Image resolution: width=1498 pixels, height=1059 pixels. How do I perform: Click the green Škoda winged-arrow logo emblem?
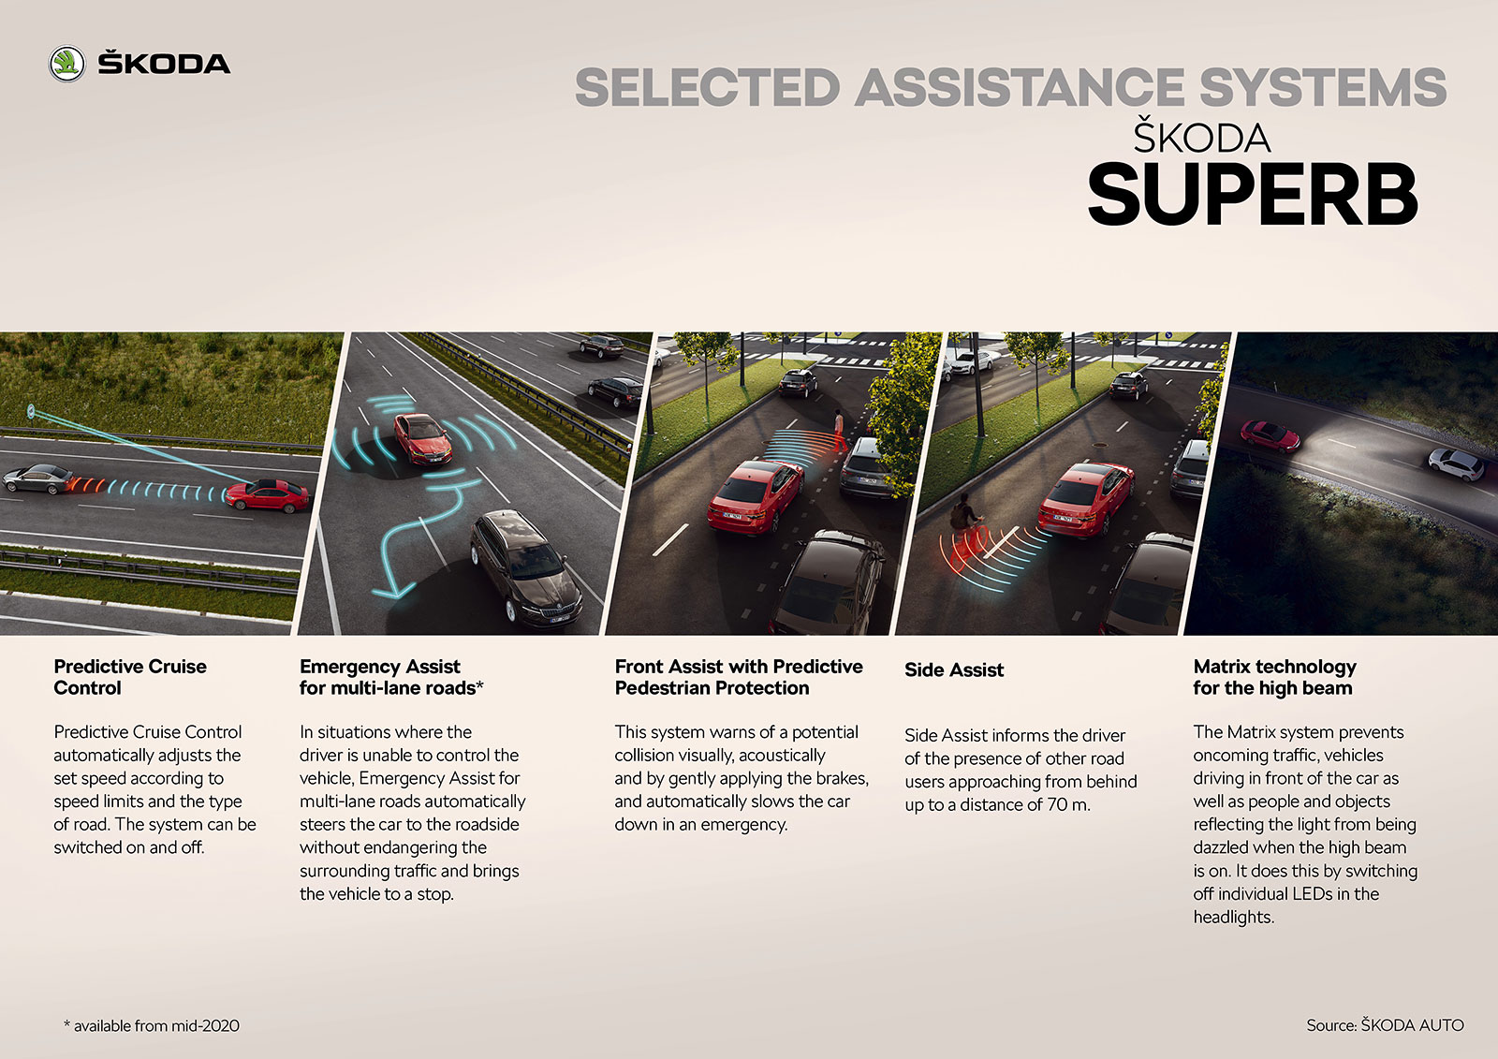click(66, 65)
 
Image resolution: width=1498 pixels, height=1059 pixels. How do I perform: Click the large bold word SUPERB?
click(1253, 194)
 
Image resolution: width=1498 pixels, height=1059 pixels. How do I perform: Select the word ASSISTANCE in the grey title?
click(1020, 88)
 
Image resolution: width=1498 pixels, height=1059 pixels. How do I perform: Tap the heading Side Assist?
click(954, 669)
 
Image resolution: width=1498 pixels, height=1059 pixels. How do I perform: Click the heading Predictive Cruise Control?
click(130, 677)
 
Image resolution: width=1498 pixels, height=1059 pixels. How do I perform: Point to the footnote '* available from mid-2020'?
click(151, 1025)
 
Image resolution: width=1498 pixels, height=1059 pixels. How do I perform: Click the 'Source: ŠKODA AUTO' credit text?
click(1385, 1025)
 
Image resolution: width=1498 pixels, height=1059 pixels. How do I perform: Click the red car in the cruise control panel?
click(268, 495)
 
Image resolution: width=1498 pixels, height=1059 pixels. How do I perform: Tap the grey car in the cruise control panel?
click(38, 479)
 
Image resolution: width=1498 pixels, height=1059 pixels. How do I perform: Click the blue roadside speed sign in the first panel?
click(31, 411)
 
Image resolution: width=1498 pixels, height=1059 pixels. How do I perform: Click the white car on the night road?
click(1456, 463)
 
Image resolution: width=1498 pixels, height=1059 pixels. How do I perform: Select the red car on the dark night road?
click(1270, 436)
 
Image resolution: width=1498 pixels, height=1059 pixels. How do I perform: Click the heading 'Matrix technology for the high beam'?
click(1274, 677)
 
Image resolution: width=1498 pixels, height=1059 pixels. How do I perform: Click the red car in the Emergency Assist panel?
click(423, 439)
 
